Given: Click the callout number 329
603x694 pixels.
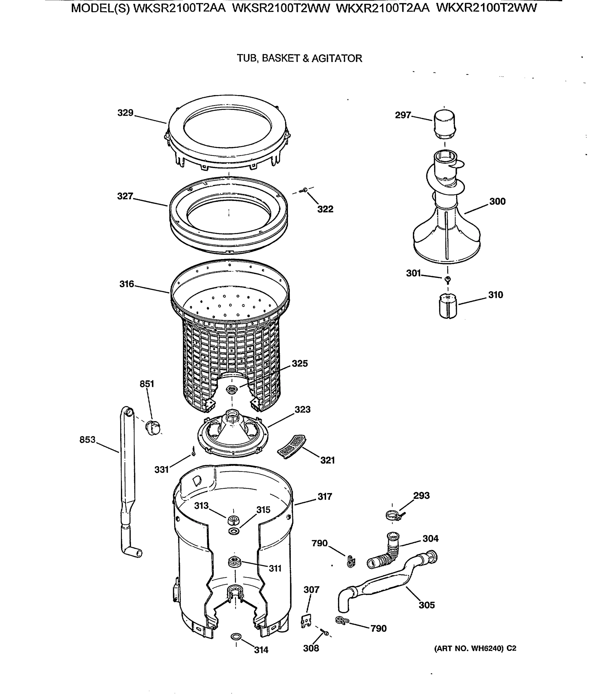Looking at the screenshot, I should click(x=125, y=113).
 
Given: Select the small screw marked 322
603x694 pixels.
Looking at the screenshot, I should click(x=305, y=190).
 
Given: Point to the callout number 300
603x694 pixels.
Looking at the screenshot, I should click(x=497, y=202).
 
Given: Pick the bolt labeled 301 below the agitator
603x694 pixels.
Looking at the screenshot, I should click(x=448, y=279).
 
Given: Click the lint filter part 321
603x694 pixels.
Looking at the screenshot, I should click(x=292, y=446).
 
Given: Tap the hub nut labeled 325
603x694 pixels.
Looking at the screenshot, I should click(x=232, y=390).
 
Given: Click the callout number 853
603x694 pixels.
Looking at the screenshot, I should click(x=87, y=440).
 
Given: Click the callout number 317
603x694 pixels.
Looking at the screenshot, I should click(x=324, y=496).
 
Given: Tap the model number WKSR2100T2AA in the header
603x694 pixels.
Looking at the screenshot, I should click(x=179, y=8).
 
